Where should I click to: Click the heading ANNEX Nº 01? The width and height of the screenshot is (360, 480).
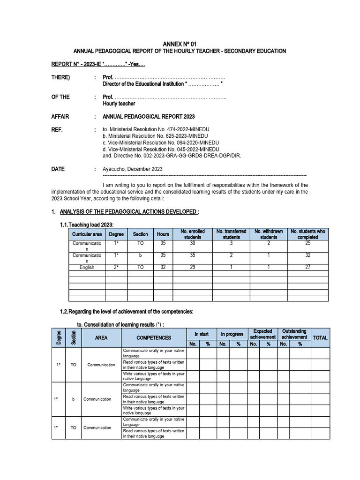(180, 44)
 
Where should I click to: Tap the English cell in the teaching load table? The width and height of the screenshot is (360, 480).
(87, 267)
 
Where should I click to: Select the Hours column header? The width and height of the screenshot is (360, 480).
(163, 234)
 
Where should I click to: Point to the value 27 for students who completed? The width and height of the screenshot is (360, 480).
(307, 267)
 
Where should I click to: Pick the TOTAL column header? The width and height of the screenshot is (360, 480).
(320, 337)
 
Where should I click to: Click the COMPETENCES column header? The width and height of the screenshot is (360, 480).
(154, 337)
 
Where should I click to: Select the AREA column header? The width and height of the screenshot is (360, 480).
(101, 337)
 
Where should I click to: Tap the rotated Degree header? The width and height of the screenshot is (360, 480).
(59, 337)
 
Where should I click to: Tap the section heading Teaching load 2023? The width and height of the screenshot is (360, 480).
(87, 225)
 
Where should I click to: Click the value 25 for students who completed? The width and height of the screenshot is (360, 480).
(307, 244)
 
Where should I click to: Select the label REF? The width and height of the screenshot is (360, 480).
(57, 129)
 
